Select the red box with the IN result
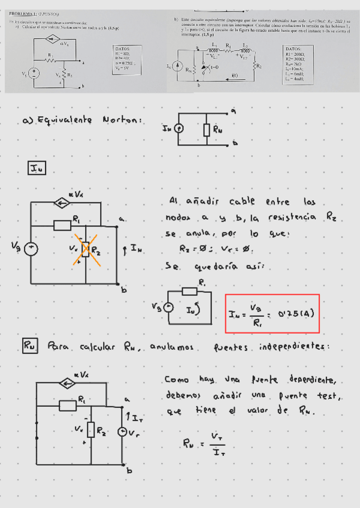(x=273, y=313)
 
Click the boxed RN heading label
(x=29, y=346)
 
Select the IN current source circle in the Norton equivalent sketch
(x=178, y=129)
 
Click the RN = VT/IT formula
(x=205, y=443)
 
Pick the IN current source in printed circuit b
(x=177, y=66)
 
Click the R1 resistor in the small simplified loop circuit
(x=190, y=291)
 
